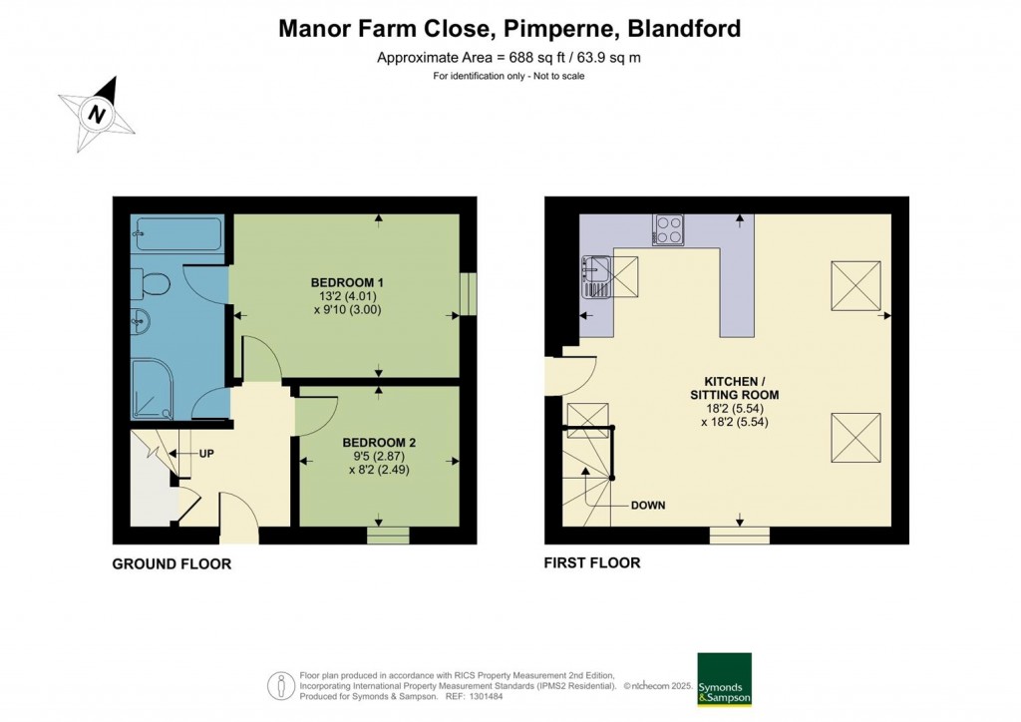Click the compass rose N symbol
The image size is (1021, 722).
[x=98, y=115]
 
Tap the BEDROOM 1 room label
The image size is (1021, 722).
[x=346, y=282]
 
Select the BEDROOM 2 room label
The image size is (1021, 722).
[x=379, y=443]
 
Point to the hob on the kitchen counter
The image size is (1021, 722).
[x=668, y=229]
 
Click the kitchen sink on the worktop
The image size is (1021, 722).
[x=596, y=276]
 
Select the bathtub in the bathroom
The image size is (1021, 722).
[x=177, y=233]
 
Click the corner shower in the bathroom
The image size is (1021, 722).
[x=154, y=390]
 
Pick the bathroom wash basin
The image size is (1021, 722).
[x=141, y=322]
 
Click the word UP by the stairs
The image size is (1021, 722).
[x=206, y=454]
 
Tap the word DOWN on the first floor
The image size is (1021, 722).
[x=648, y=506]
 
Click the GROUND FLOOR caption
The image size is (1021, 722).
[x=171, y=563]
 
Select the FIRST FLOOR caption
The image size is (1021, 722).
[x=592, y=562]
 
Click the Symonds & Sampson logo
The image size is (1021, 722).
[x=724, y=679]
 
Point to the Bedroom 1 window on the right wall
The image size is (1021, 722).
[x=469, y=295]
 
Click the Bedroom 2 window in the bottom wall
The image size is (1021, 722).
[x=388, y=536]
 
